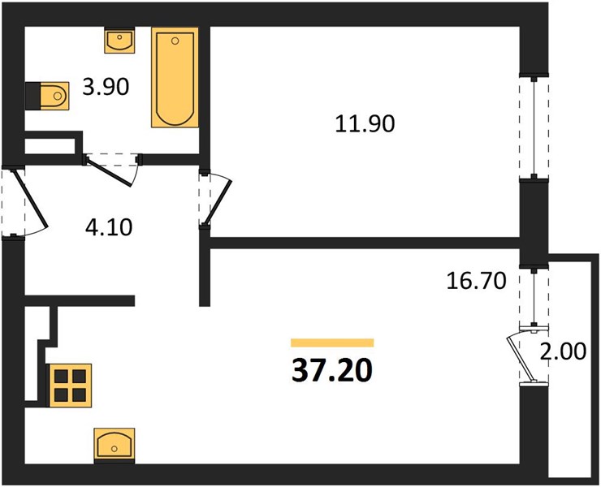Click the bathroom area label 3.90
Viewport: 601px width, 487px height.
coord(106,87)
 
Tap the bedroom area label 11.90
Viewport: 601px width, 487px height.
coord(365,124)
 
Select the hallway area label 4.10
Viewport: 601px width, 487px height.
coord(109,227)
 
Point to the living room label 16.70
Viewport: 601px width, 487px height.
coord(477,281)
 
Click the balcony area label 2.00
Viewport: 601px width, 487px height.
coord(563,351)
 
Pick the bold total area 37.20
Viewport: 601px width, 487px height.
coord(332,371)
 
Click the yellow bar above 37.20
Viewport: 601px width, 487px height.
coord(332,343)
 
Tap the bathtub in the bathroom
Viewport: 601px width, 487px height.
coord(175,77)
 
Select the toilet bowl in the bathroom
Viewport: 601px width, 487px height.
coord(54,96)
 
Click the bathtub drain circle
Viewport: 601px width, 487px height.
coord(175,41)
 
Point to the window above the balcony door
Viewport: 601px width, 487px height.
coord(534,297)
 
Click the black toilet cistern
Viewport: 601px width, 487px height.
coord(33,96)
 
